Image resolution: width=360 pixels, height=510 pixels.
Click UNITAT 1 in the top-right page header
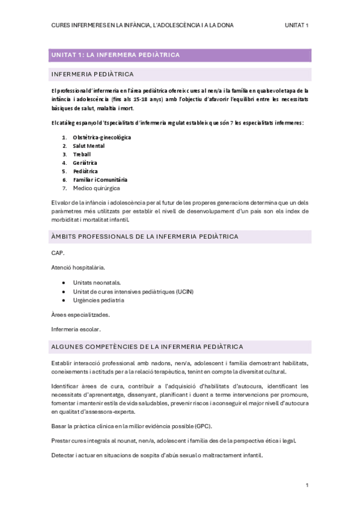coord(297,25)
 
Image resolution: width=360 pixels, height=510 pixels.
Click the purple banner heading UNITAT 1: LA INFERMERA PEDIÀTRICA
coord(115,55)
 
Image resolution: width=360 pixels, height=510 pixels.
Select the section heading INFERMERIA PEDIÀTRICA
coord(93,75)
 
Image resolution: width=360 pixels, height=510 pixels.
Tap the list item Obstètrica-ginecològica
coord(102,137)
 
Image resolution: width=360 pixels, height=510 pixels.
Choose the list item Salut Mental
coord(89,146)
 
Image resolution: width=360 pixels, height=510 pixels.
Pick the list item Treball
coord(82,154)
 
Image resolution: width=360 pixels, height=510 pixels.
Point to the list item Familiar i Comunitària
coord(100,179)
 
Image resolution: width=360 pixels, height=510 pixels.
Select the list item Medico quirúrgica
coord(96,188)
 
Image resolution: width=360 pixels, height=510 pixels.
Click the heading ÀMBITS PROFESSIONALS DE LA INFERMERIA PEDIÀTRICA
coord(145,236)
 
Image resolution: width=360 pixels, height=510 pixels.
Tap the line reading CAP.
coord(58,253)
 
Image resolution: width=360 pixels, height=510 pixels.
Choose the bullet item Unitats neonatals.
coord(97,282)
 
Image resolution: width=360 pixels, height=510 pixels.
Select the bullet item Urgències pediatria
coord(99,300)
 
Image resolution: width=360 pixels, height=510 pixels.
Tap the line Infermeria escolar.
coord(76,329)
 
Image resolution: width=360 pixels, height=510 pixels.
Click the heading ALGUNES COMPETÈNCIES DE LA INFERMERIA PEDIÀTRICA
coord(147,347)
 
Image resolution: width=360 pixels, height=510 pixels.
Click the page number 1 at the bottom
coord(307,485)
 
